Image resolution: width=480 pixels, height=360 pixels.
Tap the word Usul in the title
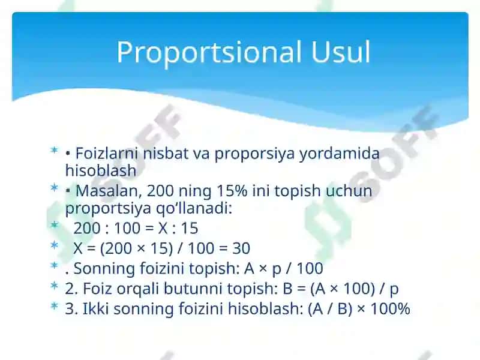tap(341, 52)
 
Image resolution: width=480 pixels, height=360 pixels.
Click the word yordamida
tap(339, 154)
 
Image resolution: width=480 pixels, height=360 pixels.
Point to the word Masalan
tap(109, 191)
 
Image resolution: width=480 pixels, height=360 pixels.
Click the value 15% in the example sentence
tap(232, 191)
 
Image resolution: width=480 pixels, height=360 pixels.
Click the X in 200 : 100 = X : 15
tap(163, 228)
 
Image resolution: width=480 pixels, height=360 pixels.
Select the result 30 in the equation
tap(241, 248)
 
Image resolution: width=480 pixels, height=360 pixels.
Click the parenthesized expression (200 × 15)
tap(137, 248)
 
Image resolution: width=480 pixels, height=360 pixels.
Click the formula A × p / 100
tap(283, 268)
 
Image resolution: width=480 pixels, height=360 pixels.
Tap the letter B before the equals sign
tap(287, 289)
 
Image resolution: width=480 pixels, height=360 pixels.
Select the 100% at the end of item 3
tap(390, 308)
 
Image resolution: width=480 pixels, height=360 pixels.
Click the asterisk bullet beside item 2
tap(54, 286)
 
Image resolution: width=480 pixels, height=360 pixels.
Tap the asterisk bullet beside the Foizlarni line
tap(54, 150)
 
